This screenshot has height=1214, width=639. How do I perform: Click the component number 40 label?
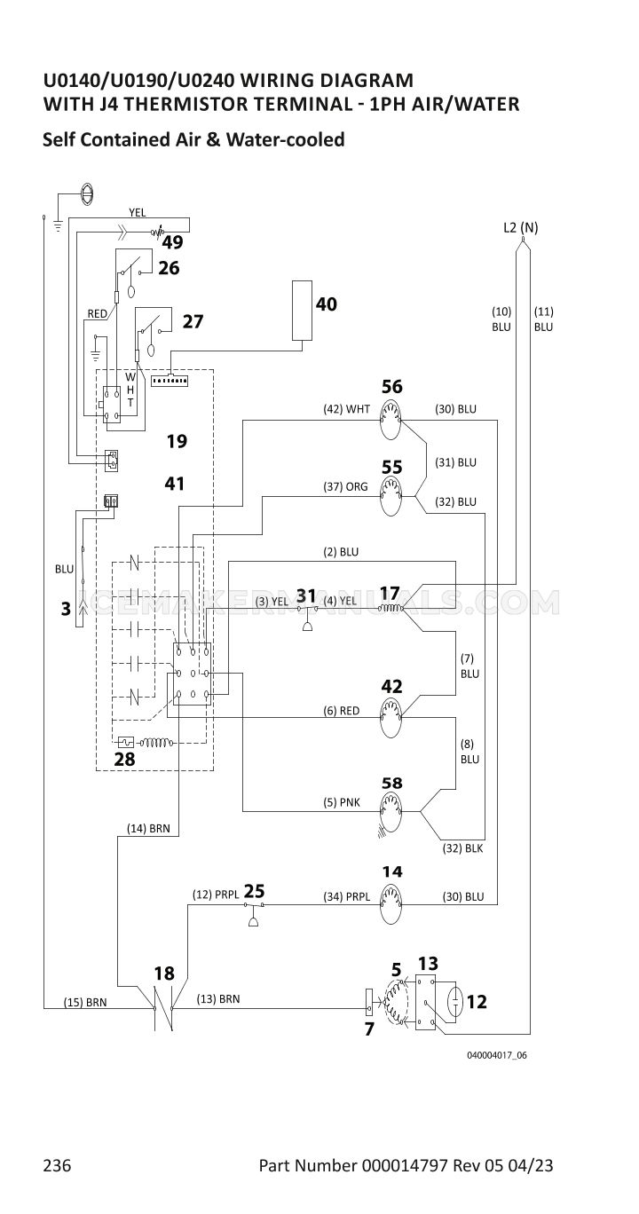[x=327, y=304]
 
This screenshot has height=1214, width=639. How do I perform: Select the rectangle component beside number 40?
[x=302, y=311]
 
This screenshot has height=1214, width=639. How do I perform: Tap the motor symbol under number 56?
[x=390, y=420]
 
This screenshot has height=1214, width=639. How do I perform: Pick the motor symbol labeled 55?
[x=390, y=496]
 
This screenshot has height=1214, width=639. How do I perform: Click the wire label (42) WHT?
[x=346, y=409]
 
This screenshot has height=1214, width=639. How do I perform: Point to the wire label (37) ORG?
[x=345, y=486]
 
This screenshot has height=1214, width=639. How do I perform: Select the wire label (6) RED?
[x=341, y=711]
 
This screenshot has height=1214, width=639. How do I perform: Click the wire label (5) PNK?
[x=342, y=802]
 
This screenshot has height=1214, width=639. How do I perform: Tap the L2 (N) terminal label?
[x=520, y=227]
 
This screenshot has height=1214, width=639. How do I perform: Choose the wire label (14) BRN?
[x=148, y=828]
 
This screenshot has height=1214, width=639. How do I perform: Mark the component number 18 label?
[x=164, y=974]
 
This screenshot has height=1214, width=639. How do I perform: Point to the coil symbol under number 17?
[x=390, y=609]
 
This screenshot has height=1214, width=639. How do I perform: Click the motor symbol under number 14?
[x=390, y=903]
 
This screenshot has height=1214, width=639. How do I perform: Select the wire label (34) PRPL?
[x=346, y=897]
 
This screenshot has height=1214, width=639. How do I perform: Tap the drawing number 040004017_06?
[x=497, y=1055]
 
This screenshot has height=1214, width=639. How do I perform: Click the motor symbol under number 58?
[x=390, y=811]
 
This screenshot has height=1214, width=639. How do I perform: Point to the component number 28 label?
[x=124, y=760]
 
